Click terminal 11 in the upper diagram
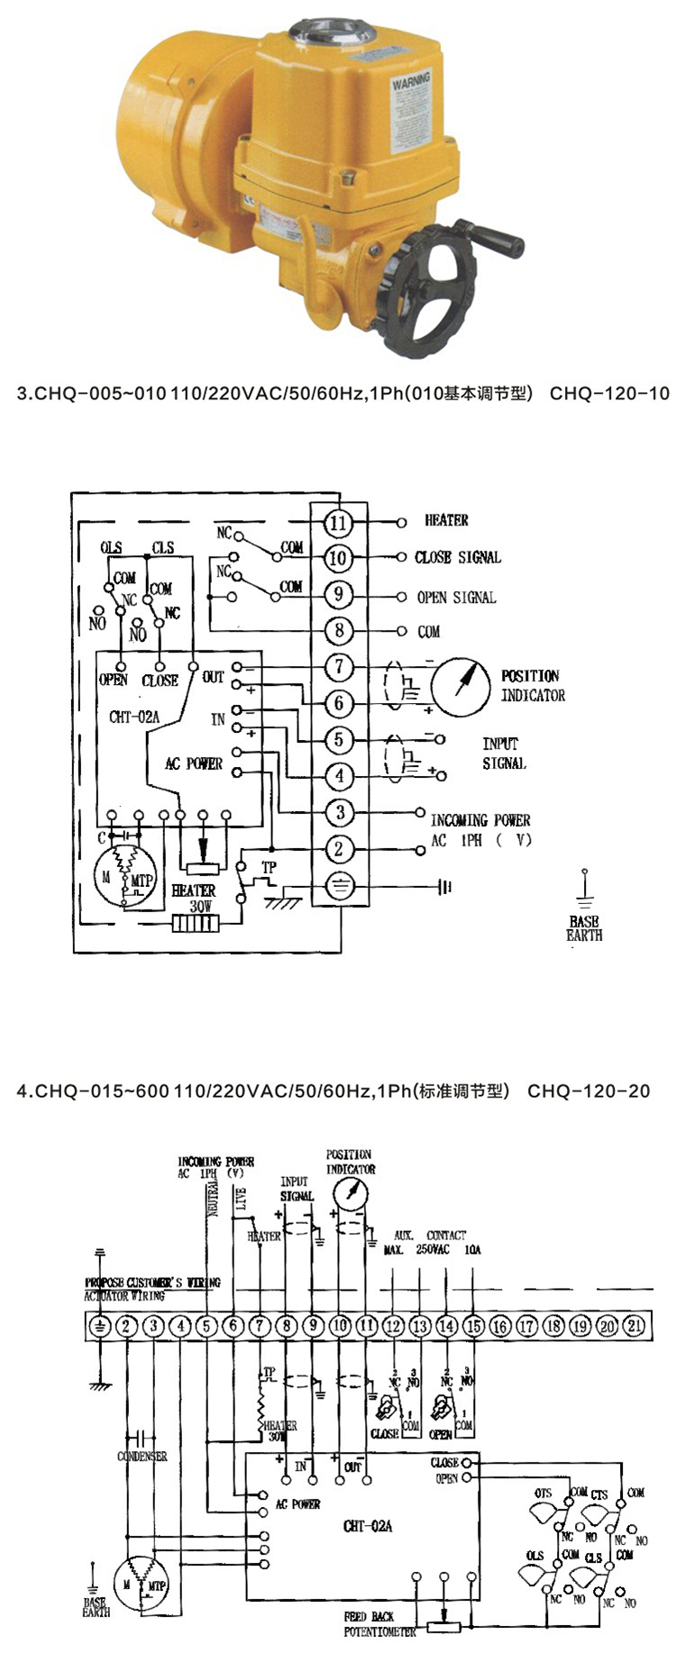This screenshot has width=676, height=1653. point(338,523)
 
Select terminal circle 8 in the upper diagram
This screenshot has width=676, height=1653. point(338,630)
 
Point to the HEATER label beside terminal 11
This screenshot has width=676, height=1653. point(446,521)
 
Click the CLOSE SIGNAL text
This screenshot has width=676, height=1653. point(457,558)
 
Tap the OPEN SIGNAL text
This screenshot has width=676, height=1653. point(456,598)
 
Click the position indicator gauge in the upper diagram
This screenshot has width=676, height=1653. point(461,686)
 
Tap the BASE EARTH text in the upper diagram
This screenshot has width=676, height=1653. point(584,928)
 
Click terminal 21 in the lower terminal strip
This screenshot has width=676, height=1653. point(635,1326)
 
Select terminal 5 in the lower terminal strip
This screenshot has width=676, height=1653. point(207,1326)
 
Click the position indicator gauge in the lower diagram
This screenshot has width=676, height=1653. point(351,1194)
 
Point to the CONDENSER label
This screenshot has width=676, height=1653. point(142,1457)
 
